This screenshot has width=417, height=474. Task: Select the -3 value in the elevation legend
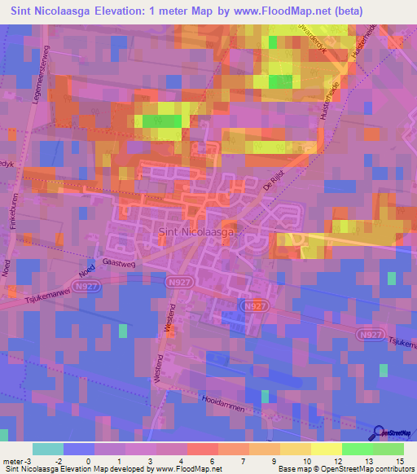(x=30, y=460)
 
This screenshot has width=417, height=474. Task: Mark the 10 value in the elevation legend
(x=310, y=460)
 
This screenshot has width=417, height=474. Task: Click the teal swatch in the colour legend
(x=47, y=449)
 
